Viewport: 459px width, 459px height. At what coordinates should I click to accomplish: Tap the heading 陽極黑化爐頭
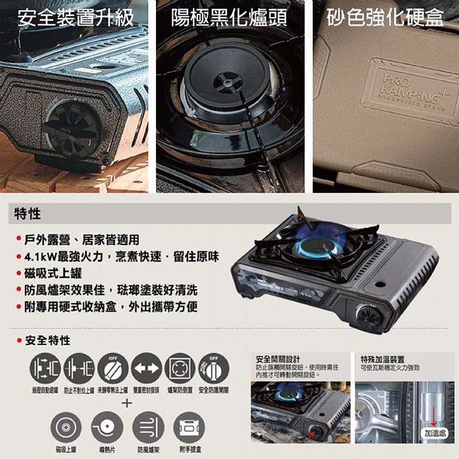(229, 18)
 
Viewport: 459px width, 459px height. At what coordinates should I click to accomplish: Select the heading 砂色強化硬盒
(385, 18)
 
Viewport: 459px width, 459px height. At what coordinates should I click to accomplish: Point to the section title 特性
(28, 214)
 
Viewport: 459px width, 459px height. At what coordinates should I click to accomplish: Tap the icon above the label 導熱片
(107, 428)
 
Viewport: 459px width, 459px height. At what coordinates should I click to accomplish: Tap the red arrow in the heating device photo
(435, 416)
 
